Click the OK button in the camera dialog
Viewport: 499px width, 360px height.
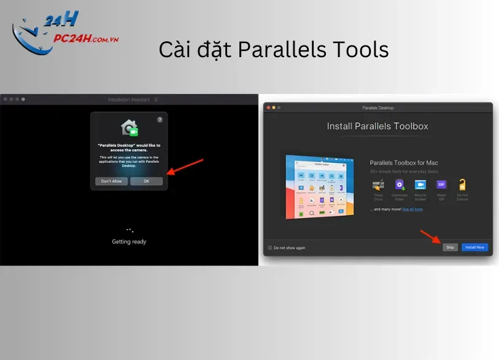pos(146,181)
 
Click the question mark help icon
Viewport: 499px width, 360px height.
pos(160,120)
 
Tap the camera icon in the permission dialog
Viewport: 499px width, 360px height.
pos(130,128)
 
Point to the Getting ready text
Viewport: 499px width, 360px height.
pos(129,241)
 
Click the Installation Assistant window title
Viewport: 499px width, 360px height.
pos(129,99)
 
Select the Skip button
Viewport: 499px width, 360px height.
pos(450,247)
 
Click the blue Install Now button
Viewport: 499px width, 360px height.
pos(474,247)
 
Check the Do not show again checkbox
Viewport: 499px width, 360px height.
pos(270,248)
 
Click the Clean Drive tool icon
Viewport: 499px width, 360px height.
pos(379,184)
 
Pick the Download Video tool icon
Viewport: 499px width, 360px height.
pos(400,184)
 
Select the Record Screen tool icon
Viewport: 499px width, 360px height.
pos(420,184)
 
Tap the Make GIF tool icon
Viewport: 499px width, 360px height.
pos(441,184)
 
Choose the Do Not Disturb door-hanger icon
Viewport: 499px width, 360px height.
pos(462,184)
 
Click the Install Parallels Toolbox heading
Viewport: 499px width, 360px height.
pos(377,127)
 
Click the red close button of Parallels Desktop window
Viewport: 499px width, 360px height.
pos(268,108)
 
